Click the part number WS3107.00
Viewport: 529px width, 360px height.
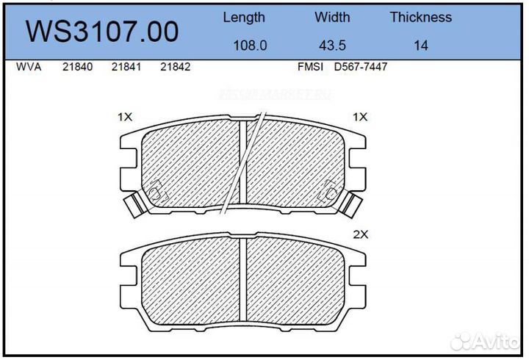pyautogui.click(x=102, y=32)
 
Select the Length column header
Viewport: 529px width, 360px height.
pyautogui.click(x=244, y=17)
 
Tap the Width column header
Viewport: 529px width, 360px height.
pyautogui.click(x=332, y=17)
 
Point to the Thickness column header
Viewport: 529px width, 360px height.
pyautogui.click(x=420, y=17)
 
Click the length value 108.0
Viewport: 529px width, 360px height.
pyautogui.click(x=250, y=46)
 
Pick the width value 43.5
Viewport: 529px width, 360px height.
pyautogui.click(x=332, y=46)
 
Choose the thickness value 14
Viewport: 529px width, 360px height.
pyautogui.click(x=420, y=46)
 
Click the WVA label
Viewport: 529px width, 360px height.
pyautogui.click(x=28, y=67)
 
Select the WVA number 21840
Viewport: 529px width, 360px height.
pyautogui.click(x=77, y=67)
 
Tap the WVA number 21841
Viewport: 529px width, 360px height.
pyautogui.click(x=126, y=67)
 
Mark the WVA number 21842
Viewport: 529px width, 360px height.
pyautogui.click(x=176, y=67)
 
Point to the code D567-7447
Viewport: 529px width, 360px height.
pyautogui.click(x=361, y=67)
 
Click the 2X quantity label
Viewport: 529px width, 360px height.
pyautogui.click(x=360, y=235)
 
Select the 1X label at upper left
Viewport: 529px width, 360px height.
pyautogui.click(x=124, y=117)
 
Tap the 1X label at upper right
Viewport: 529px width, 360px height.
pyautogui.click(x=360, y=117)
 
